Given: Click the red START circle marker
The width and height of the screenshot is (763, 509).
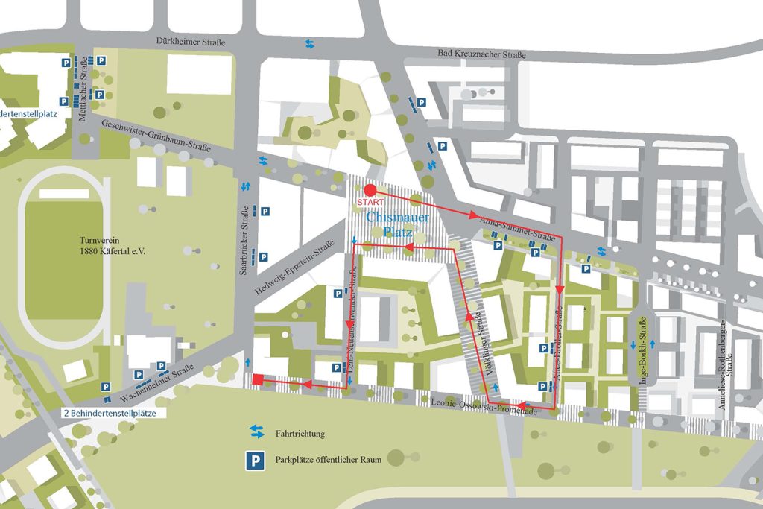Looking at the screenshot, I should click(370, 190).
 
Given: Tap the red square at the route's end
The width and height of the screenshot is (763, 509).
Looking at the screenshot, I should click(257, 380).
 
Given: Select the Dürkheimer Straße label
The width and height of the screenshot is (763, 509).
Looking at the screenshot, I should click(190, 43).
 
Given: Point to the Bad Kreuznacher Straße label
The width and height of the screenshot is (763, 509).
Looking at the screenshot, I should click(482, 54).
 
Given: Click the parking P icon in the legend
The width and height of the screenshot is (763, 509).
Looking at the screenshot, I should click(256, 461).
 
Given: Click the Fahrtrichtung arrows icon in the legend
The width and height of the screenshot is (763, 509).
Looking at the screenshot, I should click(256, 431).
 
